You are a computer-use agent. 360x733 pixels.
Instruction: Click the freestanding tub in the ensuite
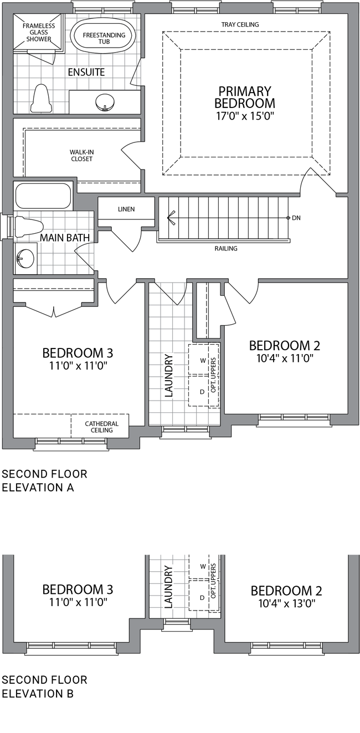104,38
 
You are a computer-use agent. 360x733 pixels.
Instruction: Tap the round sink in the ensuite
105,101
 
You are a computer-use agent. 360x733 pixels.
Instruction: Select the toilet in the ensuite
42,99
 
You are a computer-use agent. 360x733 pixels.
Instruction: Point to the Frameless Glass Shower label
39,32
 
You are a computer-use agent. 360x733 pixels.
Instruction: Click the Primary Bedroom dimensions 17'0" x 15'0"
245,116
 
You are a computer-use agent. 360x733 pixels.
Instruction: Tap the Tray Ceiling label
240,24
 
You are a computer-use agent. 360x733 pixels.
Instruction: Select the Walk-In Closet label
81,156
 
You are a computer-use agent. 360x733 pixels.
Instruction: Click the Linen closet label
126,209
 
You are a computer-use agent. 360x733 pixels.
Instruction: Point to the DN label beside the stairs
296,218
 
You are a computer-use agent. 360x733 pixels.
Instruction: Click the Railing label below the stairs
226,248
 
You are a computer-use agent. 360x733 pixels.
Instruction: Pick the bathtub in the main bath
43,197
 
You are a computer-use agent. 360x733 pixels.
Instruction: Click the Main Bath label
65,238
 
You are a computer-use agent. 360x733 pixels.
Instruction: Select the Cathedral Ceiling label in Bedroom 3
102,427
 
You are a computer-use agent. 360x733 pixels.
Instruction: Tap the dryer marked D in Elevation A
198,391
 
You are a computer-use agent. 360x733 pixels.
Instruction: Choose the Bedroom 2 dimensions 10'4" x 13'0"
287,604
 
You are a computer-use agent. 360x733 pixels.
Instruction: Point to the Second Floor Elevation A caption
44,481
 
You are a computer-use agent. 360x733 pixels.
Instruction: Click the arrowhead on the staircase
171,218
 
